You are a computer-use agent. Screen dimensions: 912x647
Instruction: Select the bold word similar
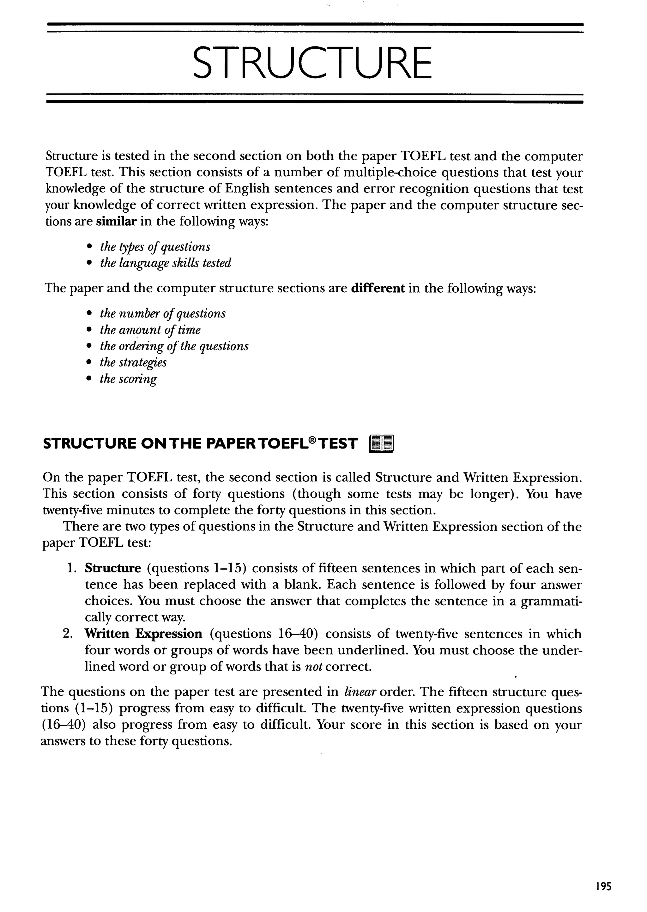(116, 222)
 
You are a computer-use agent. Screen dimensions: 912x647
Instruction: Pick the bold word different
(378, 288)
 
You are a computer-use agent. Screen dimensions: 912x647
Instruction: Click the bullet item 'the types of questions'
(155, 247)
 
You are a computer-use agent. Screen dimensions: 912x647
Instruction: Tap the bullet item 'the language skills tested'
(165, 263)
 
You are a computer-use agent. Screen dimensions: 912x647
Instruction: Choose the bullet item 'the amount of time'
(150, 330)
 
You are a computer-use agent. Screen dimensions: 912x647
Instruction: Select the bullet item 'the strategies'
(133, 362)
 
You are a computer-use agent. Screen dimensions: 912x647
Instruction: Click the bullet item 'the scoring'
(128, 379)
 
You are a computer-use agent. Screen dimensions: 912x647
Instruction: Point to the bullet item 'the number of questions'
(163, 313)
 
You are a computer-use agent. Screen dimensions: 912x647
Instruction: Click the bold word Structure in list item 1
(113, 568)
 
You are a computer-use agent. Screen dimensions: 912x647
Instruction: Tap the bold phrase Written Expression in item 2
(143, 634)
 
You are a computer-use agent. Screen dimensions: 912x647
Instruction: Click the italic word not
(313, 666)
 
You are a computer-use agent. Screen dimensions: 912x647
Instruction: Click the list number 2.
(67, 634)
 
